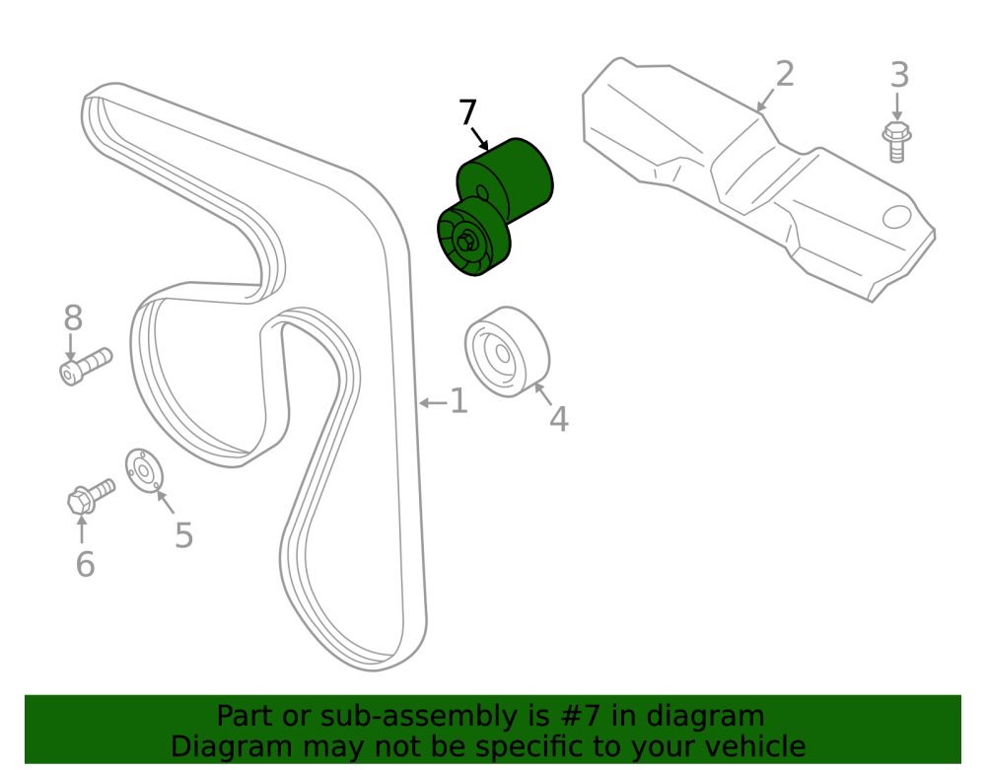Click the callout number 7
tap(467, 112)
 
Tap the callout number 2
tap(785, 74)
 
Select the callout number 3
tap(899, 75)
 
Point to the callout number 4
tap(558, 419)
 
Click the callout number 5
tap(183, 535)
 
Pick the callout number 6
tap(85, 564)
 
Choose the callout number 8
tap(73, 318)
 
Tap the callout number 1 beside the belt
tap(459, 401)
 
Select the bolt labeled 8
tap(86, 367)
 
